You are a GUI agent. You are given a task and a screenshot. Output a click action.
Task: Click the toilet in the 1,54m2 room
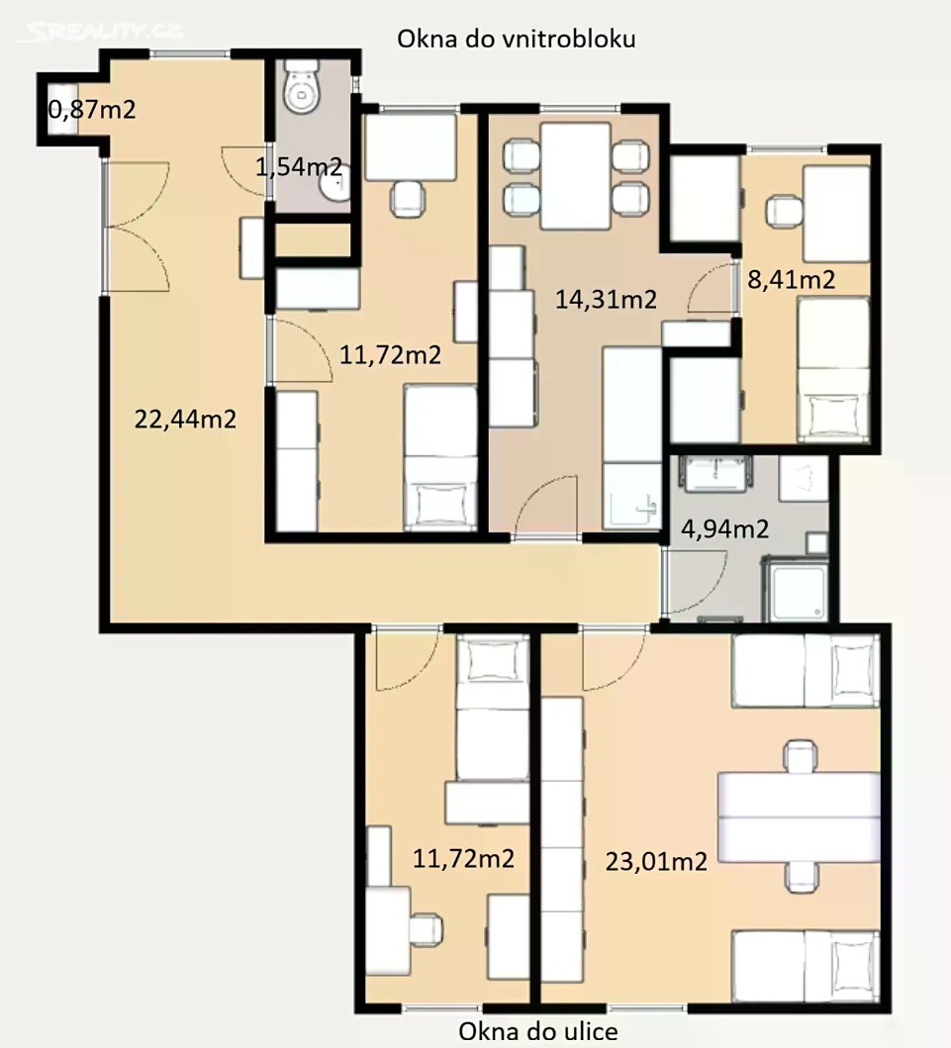pyautogui.click(x=303, y=86)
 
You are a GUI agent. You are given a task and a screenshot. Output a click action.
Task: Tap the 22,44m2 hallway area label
pyautogui.click(x=185, y=419)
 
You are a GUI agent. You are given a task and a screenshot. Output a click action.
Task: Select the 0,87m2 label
pyautogui.click(x=92, y=108)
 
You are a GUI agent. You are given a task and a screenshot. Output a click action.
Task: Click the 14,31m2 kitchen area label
pyautogui.click(x=606, y=299)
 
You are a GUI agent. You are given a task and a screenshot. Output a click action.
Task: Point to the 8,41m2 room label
pyautogui.click(x=792, y=279)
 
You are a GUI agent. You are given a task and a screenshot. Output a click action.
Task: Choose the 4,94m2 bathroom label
pyautogui.click(x=725, y=529)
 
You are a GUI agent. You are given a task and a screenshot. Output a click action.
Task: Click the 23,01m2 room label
pyautogui.click(x=656, y=862)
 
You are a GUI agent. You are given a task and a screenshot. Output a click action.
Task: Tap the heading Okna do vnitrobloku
pyautogui.click(x=516, y=39)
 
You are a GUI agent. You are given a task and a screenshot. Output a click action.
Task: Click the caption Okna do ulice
pyautogui.click(x=538, y=1031)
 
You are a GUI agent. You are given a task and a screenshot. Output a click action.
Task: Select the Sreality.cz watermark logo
pyautogui.click(x=100, y=31)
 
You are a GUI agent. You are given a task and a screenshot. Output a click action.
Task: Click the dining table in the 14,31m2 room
pyautogui.click(x=575, y=176)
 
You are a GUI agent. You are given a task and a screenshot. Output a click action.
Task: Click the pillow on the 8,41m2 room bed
pyautogui.click(x=832, y=413)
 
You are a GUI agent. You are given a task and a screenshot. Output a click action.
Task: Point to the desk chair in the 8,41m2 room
pyautogui.click(x=785, y=211)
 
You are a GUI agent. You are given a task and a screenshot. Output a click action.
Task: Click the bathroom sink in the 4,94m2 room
pyautogui.click(x=713, y=474)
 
